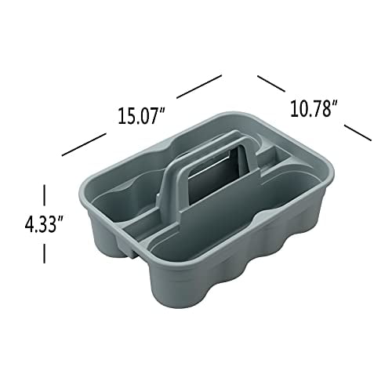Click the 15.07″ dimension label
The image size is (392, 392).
coord(142,115)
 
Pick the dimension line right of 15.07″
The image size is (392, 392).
coord(199,85)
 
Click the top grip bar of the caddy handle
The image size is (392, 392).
coord(189,143)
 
